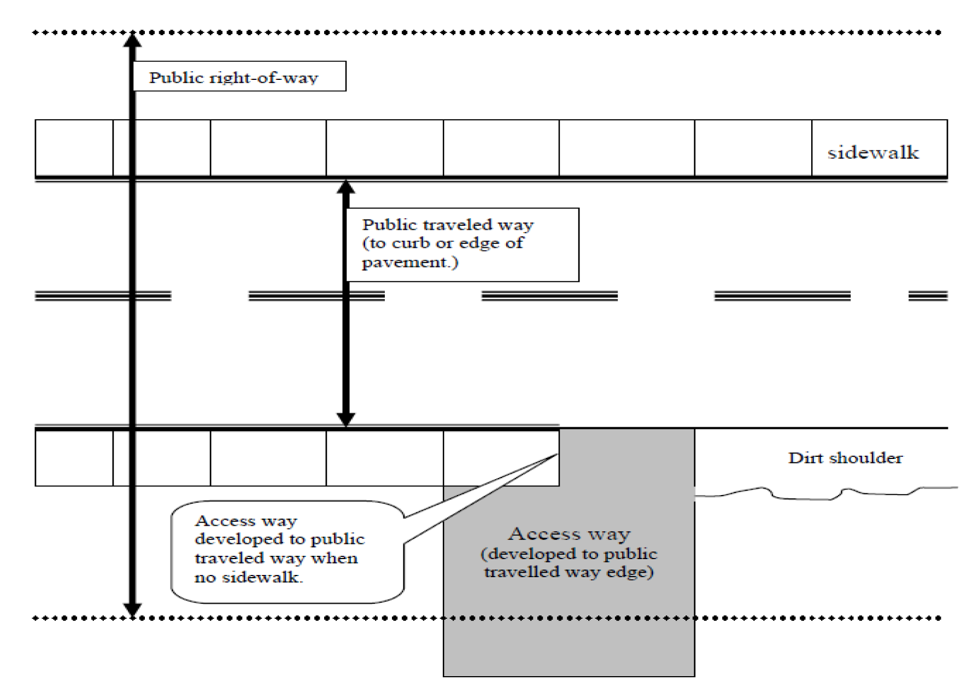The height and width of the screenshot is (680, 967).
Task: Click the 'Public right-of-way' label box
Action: point(239,76)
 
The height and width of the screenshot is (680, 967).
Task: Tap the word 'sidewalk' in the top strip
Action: point(873,153)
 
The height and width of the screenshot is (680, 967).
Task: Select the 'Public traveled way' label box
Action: point(462,245)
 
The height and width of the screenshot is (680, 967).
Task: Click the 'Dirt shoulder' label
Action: point(845,458)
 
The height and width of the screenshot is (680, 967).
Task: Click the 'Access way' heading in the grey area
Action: point(569,533)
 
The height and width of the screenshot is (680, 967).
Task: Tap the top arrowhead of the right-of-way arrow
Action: point(132,40)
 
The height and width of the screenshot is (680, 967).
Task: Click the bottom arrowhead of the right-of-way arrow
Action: point(132,609)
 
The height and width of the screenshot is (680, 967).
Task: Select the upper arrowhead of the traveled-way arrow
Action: point(345,187)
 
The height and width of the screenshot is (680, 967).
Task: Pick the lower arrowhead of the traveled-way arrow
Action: point(345,419)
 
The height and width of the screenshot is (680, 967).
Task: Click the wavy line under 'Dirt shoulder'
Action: point(825,494)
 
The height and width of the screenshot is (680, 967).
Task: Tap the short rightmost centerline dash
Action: point(928,296)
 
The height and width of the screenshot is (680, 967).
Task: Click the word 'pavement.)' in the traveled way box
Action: point(410,263)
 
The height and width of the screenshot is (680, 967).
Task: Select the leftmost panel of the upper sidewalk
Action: point(74,148)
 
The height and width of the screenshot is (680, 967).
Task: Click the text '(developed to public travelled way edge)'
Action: point(569,563)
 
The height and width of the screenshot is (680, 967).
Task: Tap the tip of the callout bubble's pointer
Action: point(557,454)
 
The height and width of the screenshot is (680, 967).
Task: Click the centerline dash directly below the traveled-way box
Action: point(549,296)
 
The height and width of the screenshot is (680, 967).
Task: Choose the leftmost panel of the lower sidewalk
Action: point(74,458)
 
